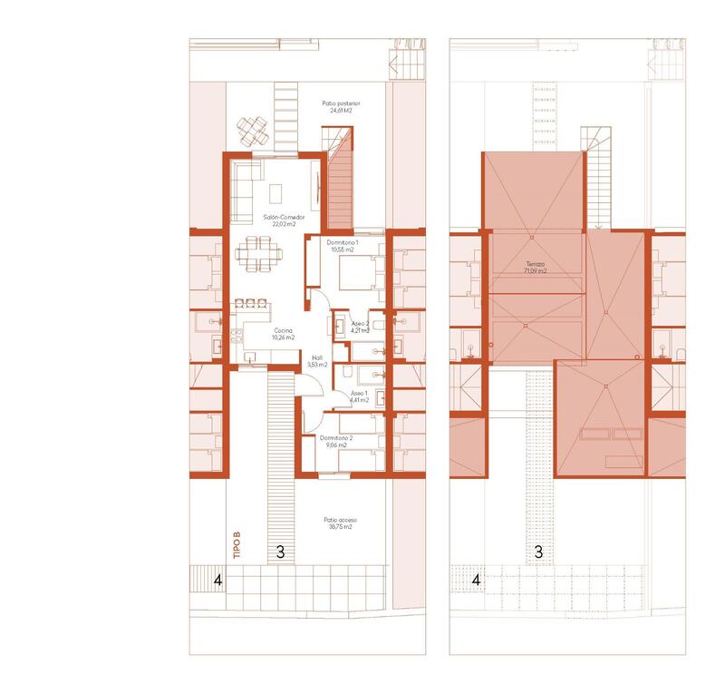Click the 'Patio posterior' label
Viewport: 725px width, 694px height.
point(341,104)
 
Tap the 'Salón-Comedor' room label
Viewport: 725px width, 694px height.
point(284,218)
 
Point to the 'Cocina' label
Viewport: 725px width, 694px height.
point(284,331)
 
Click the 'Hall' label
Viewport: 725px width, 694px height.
point(317,357)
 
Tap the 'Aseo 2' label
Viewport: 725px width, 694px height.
point(360,324)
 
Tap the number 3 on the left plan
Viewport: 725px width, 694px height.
point(280,551)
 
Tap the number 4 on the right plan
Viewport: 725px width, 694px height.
point(477,577)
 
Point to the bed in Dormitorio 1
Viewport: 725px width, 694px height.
point(359,270)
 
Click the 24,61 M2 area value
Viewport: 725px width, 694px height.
point(341,112)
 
